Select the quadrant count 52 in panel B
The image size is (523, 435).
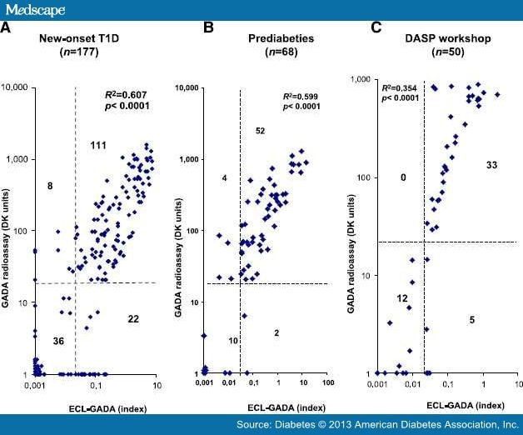[x=260, y=132]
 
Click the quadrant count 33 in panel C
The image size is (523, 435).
[x=491, y=167]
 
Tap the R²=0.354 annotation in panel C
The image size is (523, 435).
[x=400, y=87]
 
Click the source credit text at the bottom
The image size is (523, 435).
[x=389, y=425]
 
